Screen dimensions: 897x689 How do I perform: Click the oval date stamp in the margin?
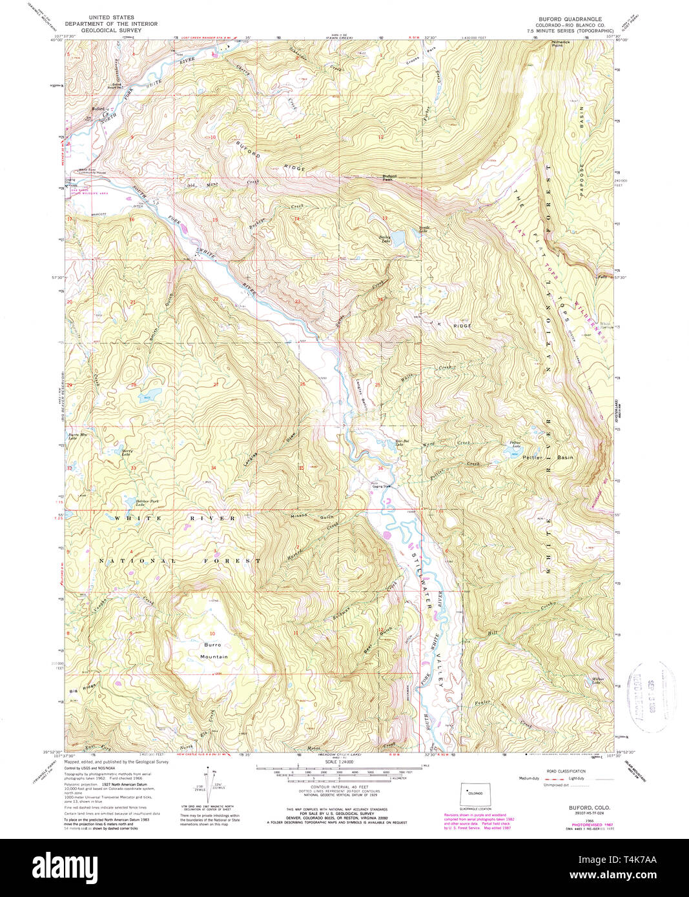650,697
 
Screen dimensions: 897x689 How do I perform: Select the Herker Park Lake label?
130,502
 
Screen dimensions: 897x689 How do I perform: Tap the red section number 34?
213,467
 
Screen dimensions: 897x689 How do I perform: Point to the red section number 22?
216,299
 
